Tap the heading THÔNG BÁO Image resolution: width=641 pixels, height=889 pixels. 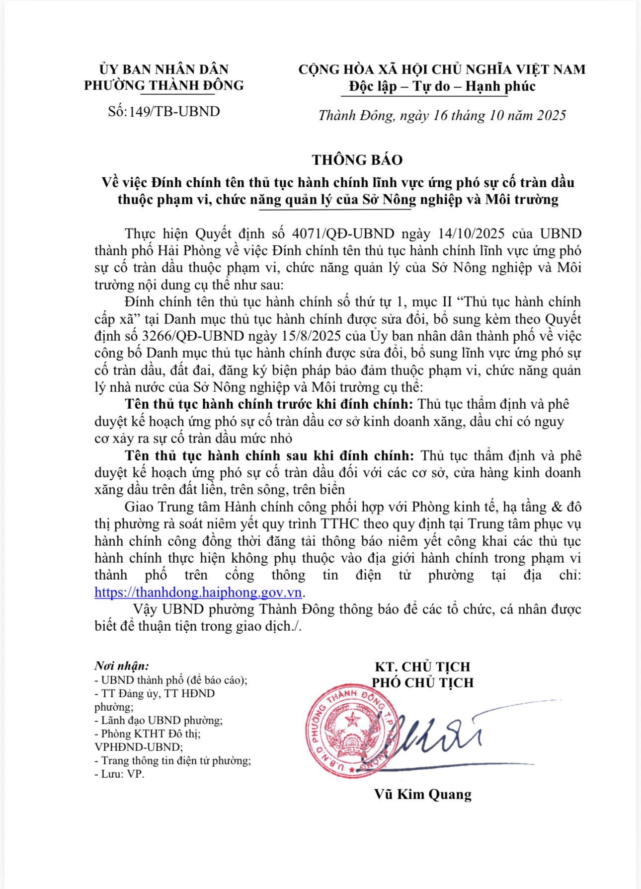tap(357, 160)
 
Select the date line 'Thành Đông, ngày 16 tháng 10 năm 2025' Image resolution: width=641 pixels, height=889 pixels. tap(442, 115)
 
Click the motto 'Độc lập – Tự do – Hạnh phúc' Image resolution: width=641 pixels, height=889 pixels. tap(442, 86)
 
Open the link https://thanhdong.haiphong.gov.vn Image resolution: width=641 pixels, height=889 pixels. tap(198, 593)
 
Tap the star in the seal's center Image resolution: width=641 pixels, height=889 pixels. tap(353, 719)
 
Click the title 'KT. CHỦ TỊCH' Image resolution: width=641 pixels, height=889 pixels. tap(422, 667)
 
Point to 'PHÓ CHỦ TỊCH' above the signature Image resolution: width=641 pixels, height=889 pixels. tap(423, 682)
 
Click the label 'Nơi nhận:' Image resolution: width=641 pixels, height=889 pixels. tap(122, 666)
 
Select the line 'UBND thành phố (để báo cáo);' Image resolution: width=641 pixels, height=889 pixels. tap(171, 680)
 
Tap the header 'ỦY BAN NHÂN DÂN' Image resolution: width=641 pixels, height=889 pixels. tap(164, 69)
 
